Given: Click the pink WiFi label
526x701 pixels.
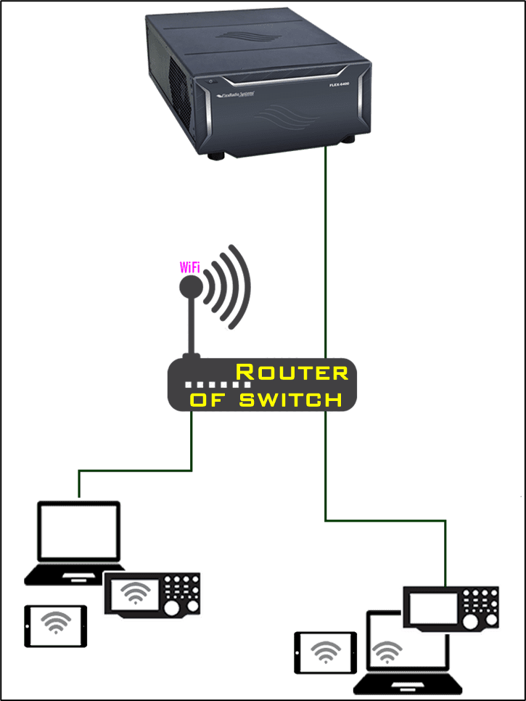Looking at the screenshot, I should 189,267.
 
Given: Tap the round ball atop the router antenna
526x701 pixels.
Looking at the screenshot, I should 192,287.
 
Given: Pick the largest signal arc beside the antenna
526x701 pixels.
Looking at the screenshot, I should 242,287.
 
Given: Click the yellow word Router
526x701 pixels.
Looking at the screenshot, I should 292,373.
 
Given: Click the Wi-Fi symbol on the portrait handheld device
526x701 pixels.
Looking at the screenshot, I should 56,622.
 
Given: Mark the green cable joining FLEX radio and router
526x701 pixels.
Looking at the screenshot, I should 326,254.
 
